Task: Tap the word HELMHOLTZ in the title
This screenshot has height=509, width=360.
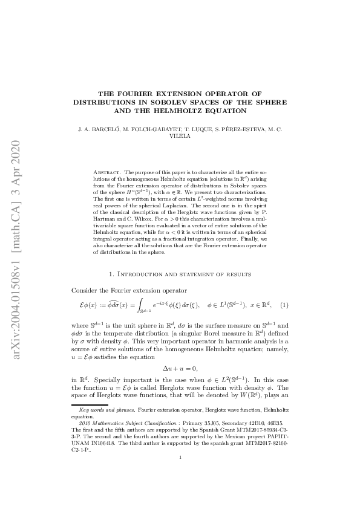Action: coord(177,111)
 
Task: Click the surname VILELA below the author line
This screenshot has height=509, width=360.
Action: coord(180,137)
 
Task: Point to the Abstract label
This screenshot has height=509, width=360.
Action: coord(108,172)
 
